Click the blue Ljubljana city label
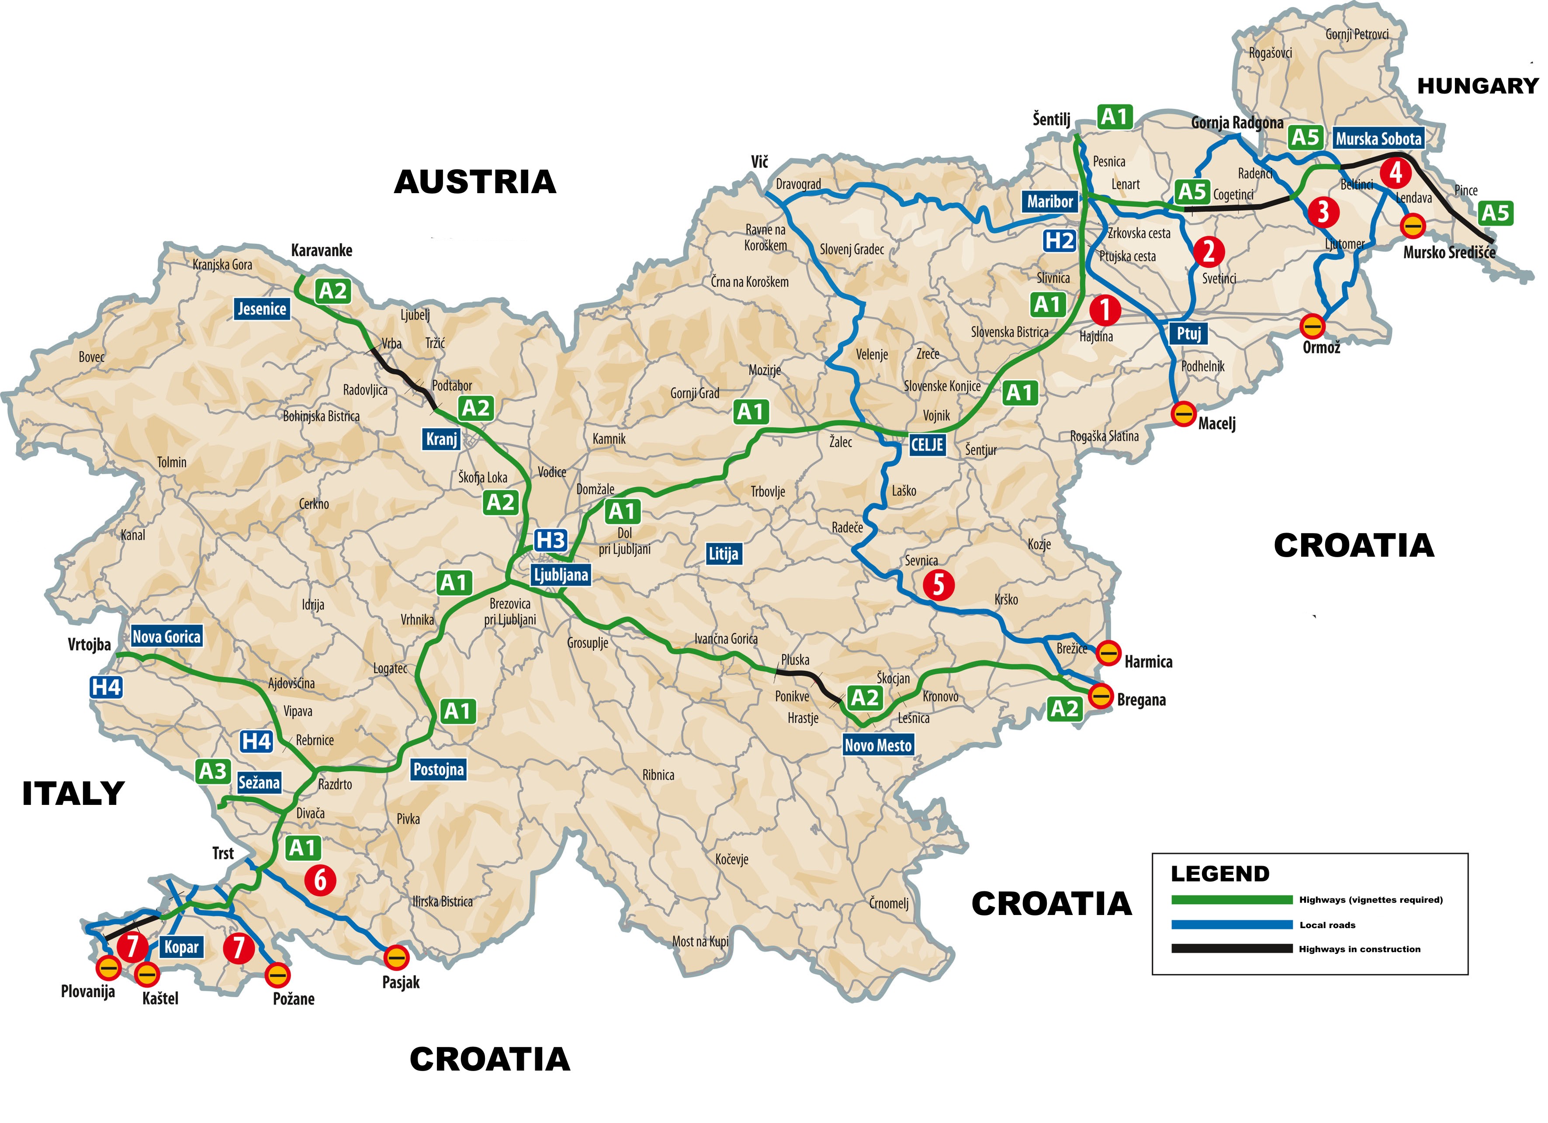point(561,575)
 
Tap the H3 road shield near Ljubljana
point(550,541)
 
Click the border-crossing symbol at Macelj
point(1183,414)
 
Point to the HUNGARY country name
point(1478,86)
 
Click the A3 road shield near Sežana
point(212,771)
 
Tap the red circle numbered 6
point(320,880)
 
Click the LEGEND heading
point(1220,874)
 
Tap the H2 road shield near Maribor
point(1059,241)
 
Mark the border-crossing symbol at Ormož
point(1312,326)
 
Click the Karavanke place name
point(322,250)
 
